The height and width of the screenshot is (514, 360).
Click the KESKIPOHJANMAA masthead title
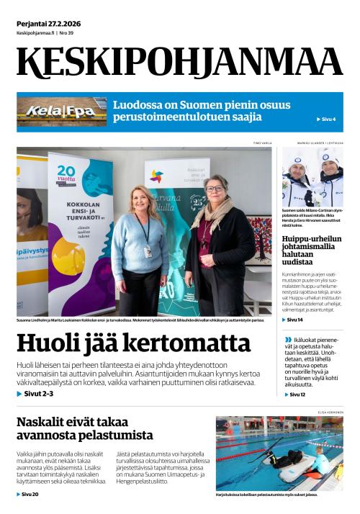tap(180, 62)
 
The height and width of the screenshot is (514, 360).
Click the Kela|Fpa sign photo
tap(61, 112)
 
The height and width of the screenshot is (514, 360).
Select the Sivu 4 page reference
tap(326, 120)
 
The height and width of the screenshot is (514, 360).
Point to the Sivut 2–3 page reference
tap(35, 394)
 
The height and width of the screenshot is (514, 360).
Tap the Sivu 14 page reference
tap(295, 320)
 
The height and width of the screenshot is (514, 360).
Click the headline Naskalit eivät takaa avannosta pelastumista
tap(85, 428)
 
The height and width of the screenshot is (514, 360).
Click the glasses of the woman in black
tap(215, 188)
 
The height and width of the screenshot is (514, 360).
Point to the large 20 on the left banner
tap(66, 172)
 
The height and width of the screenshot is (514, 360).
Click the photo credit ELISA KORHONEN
tap(330, 412)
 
